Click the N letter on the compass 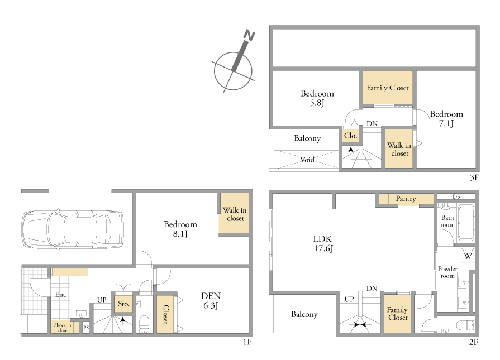click(x=249, y=35)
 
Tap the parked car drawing click(x=73, y=229)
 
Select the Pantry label click(x=406, y=199)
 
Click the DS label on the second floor click(x=456, y=196)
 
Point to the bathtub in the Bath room click(x=466, y=223)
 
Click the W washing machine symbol click(x=468, y=256)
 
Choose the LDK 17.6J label click(x=323, y=244)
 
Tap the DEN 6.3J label click(x=211, y=301)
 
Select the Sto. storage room click(x=123, y=304)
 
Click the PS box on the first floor click(x=86, y=327)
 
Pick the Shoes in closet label click(x=63, y=328)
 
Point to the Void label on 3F click(x=307, y=160)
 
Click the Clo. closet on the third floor click(x=350, y=136)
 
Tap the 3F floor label click(x=474, y=177)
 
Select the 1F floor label click(x=247, y=342)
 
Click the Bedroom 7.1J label click(x=446, y=118)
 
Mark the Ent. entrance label click(x=60, y=294)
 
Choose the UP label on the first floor click(x=102, y=300)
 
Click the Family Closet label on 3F click(x=388, y=88)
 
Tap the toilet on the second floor click(x=465, y=325)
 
